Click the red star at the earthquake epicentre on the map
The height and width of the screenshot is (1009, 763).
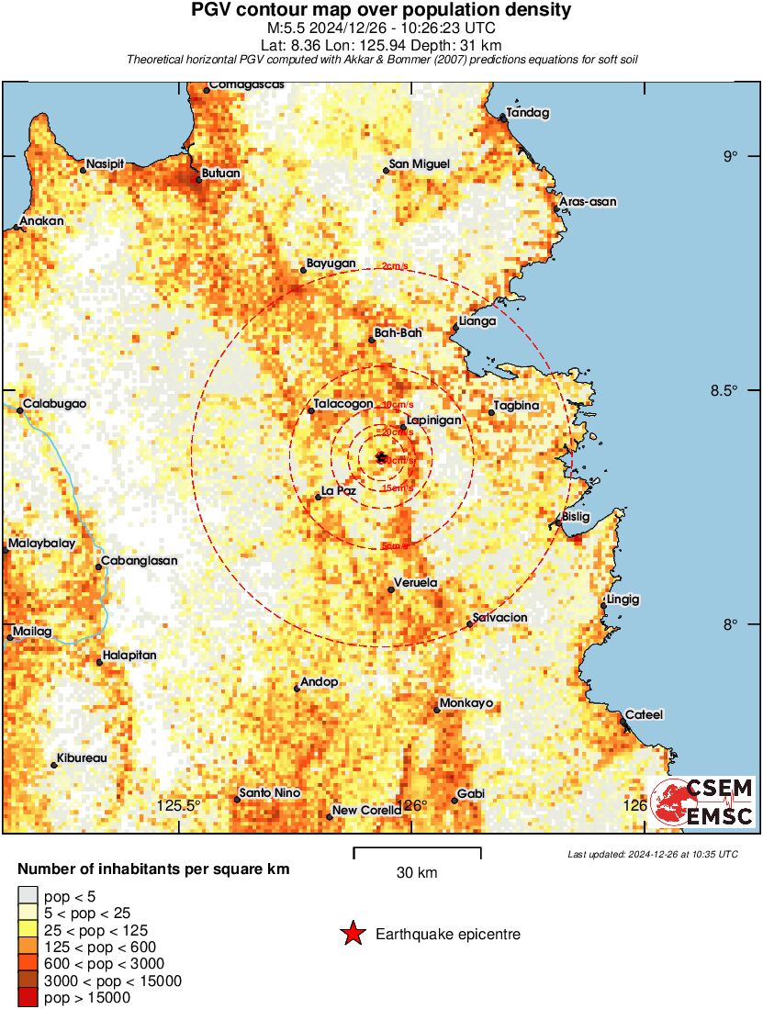coord(381,456)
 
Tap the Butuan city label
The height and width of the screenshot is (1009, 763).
coord(220,173)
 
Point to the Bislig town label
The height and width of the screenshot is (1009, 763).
coord(576,516)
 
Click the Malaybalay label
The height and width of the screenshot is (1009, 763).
coord(42,544)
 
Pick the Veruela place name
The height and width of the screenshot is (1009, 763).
coord(415,582)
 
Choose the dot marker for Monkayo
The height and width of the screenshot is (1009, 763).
coord(437,710)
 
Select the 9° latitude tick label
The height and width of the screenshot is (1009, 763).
coord(731,156)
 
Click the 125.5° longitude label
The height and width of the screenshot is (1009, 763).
coord(179,806)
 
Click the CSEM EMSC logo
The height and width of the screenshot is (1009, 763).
coord(702,802)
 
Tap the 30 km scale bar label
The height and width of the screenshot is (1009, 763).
coord(417,873)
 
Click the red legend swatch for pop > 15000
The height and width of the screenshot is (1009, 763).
coord(28,997)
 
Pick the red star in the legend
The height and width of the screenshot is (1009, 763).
coord(352,935)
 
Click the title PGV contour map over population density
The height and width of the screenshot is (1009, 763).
coord(381,11)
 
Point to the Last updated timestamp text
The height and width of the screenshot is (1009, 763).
coord(653,854)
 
